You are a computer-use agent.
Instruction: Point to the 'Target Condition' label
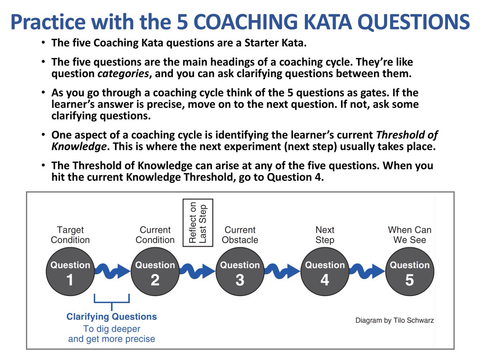coord(70,235)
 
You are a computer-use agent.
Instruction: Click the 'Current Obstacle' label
coord(240,235)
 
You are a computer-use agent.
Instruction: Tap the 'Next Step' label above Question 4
coord(325,235)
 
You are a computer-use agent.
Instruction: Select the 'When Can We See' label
coord(410,235)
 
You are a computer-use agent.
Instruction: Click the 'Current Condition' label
coord(155,235)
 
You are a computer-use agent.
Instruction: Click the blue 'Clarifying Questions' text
coord(112,317)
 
